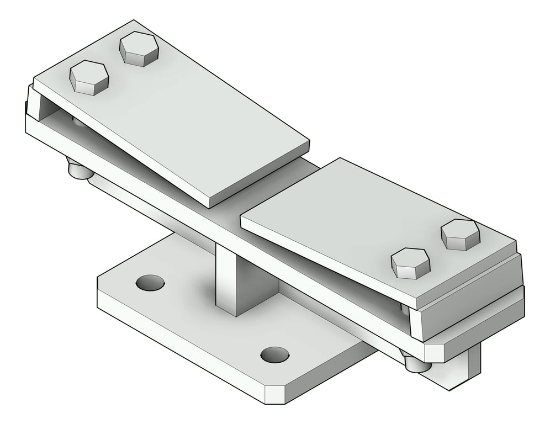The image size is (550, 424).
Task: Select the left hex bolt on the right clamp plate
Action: click(410, 263)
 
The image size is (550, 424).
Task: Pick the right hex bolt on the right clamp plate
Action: click(460, 234)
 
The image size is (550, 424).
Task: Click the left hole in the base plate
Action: click(150, 283)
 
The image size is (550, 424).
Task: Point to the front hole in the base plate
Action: click(274, 354)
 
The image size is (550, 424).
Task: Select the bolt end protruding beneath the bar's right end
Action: click(416, 363)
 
